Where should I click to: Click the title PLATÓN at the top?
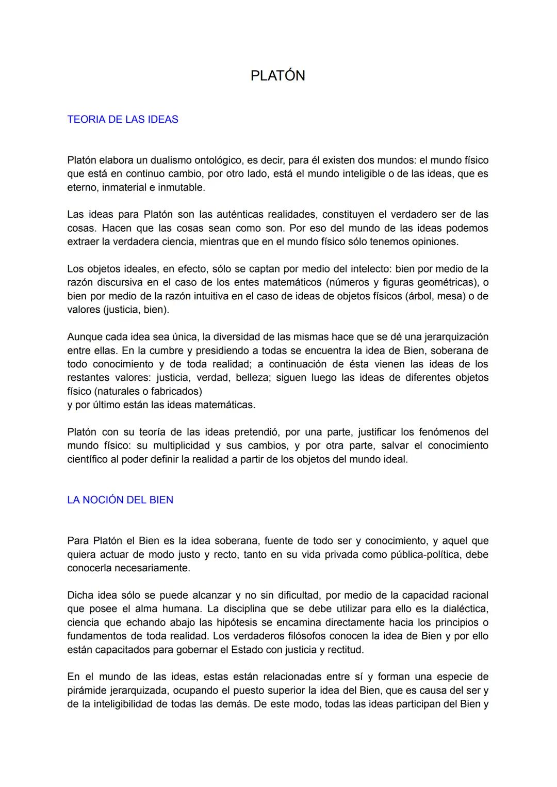[x=277, y=76]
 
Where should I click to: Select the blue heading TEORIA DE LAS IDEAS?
[x=123, y=120]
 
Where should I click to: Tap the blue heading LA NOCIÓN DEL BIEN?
[x=120, y=500]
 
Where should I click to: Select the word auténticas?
[x=235, y=215]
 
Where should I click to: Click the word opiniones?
[x=432, y=242]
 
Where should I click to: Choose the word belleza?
[x=252, y=378]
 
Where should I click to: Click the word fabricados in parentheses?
[x=175, y=391]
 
